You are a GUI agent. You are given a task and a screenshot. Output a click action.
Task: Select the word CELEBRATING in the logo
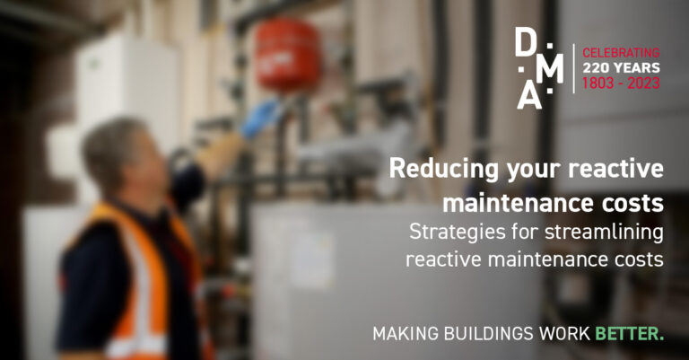(621, 52)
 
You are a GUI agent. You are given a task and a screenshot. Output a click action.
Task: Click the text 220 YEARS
(621, 67)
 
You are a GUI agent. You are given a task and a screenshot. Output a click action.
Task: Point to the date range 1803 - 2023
(621, 83)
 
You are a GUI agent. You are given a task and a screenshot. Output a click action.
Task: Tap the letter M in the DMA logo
(554, 69)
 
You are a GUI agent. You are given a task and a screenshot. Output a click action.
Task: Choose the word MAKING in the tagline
(402, 334)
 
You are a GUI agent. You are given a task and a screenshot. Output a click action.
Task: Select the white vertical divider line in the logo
(574, 67)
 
